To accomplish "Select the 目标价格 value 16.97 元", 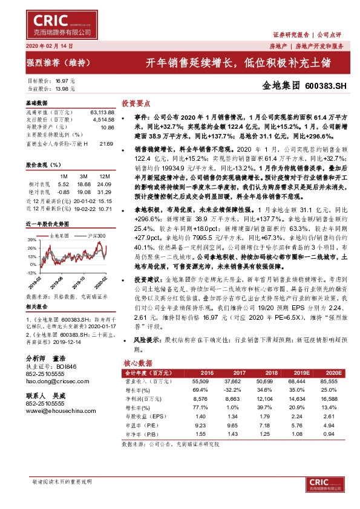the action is click(x=65, y=80).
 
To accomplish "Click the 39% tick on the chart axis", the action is click(x=30, y=241).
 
